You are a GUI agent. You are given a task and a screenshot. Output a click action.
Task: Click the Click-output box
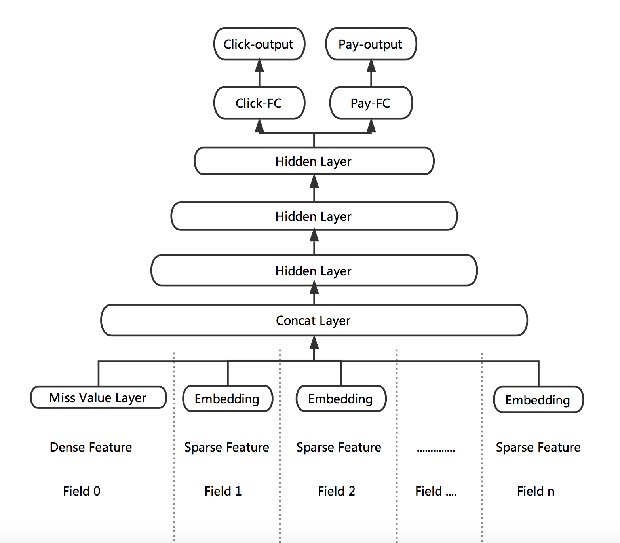click(x=259, y=44)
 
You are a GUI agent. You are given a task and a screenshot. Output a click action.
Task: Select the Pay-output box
click(x=371, y=44)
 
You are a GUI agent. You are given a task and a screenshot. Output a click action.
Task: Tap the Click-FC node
click(x=259, y=103)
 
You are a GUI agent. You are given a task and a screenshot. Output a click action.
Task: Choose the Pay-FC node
click(x=371, y=103)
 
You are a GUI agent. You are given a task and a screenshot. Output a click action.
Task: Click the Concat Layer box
click(x=314, y=320)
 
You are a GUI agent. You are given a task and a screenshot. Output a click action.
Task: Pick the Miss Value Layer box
click(x=98, y=397)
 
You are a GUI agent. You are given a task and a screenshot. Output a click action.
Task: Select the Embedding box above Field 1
click(x=227, y=399)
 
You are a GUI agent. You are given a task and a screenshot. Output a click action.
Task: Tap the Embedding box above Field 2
click(x=340, y=399)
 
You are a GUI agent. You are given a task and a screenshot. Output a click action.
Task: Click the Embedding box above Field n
click(x=538, y=400)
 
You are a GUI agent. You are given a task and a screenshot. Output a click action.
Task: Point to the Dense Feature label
click(x=91, y=447)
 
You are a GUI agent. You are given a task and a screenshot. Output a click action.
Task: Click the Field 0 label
click(x=82, y=491)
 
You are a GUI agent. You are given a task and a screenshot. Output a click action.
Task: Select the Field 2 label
click(x=337, y=491)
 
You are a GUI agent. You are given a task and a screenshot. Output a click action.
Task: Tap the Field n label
click(x=536, y=491)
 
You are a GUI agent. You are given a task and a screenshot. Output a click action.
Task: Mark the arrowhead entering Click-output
click(x=259, y=66)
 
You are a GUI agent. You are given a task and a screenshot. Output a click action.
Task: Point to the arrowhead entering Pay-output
click(x=371, y=66)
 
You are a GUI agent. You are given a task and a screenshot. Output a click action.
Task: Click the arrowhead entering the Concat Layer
click(x=314, y=342)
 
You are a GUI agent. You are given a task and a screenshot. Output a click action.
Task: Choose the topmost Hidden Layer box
click(x=314, y=161)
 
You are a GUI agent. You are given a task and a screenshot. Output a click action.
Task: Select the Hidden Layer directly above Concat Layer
click(x=314, y=271)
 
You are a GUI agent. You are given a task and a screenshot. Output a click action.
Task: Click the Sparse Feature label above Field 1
click(x=227, y=447)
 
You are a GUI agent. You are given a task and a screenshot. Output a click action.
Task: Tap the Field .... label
click(x=436, y=491)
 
